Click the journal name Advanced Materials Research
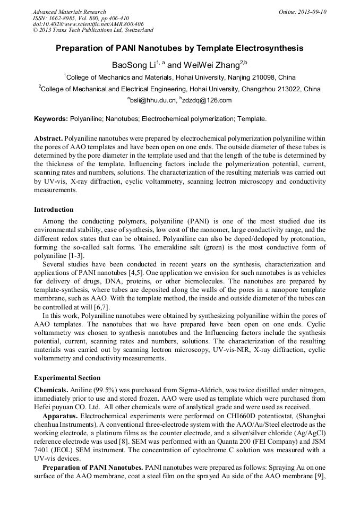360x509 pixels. click(69, 12)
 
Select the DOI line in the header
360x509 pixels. click(88, 24)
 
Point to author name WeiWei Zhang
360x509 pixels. click(211, 65)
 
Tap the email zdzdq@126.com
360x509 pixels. click(208, 100)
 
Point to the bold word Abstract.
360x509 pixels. click(48, 137)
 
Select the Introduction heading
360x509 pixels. click(54, 210)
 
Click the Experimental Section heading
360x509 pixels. click(67, 378)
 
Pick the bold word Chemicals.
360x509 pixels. click(51, 390)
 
